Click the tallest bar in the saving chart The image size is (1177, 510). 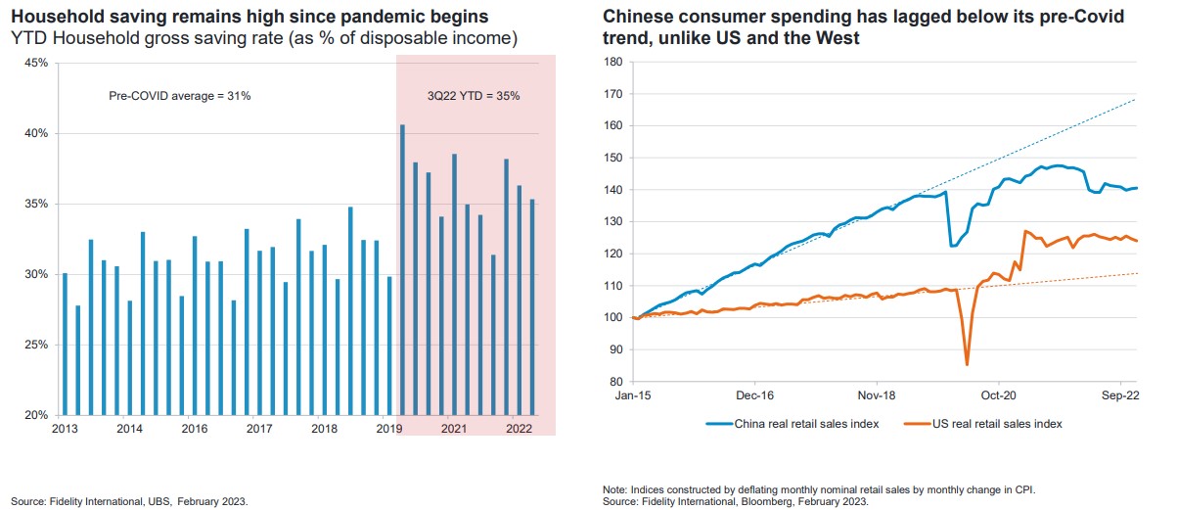click(403, 269)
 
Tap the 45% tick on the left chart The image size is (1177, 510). click(35, 63)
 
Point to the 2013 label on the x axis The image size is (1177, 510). click(66, 430)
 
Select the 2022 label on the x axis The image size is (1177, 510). click(518, 430)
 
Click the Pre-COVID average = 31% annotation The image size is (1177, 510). click(179, 97)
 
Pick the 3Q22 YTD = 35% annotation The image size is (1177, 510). click(474, 97)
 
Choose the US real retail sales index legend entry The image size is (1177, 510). click(987, 424)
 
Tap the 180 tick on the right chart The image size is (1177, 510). click(614, 62)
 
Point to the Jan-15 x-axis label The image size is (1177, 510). click(634, 396)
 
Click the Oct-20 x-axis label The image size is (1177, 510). click(998, 396)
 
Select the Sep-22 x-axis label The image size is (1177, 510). click(1119, 396)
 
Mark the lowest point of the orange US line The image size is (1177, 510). click(967, 364)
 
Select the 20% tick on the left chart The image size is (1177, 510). click(35, 415)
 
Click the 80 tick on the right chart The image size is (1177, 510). click(617, 382)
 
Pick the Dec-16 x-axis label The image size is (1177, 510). click(755, 396)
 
